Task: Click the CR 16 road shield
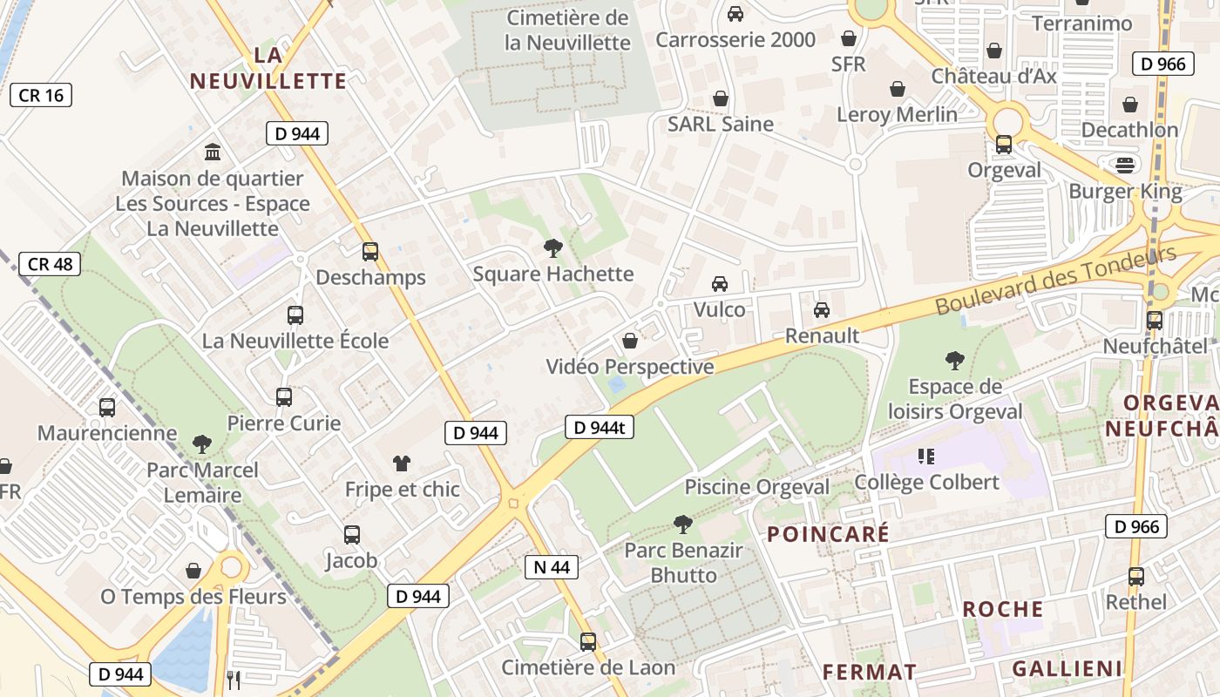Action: coord(41,95)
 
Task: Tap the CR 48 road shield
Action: coord(51,264)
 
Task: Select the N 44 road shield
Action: coord(552,567)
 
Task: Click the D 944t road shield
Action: coord(600,427)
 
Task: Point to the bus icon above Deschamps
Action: coord(370,252)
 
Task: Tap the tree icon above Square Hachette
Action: coord(552,248)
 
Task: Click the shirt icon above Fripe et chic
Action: coord(402,463)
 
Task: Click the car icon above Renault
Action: coord(821,309)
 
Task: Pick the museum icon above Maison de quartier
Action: coord(213,152)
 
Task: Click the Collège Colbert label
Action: coord(926,482)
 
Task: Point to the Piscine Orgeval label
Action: coord(756,487)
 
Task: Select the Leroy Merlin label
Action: coord(897,114)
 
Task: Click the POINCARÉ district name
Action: coord(828,533)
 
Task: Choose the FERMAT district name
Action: coord(870,672)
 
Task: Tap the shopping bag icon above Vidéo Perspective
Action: coord(629,341)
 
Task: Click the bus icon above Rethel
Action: coord(1135,576)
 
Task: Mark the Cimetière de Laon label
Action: coord(588,667)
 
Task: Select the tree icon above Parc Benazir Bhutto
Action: coord(683,524)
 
